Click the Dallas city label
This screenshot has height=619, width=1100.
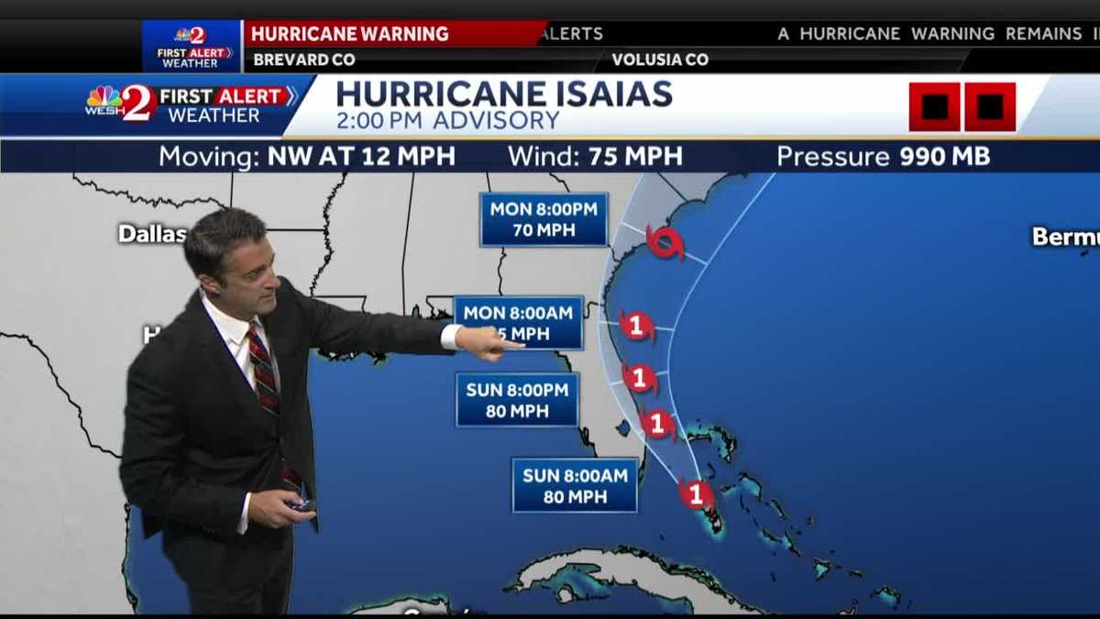(x=152, y=234)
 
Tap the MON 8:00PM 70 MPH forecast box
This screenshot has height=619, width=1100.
(x=544, y=219)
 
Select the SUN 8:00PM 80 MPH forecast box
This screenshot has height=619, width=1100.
(x=517, y=400)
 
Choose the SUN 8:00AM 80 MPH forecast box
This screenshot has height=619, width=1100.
(x=575, y=485)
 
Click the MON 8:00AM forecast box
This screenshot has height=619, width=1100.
(x=519, y=322)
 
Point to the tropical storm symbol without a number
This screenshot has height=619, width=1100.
(x=665, y=243)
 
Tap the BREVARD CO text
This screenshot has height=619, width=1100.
(x=304, y=60)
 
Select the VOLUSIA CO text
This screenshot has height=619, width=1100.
(x=660, y=60)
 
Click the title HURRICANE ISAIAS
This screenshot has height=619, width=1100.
(x=504, y=94)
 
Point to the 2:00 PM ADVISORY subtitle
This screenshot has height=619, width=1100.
(x=447, y=120)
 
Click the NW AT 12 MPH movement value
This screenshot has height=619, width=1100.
(x=361, y=156)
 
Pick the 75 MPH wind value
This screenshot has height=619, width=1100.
(x=635, y=156)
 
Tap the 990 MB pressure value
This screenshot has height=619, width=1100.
(x=944, y=156)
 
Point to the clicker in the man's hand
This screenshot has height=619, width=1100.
(x=301, y=504)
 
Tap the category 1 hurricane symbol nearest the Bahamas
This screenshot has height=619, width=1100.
(x=696, y=495)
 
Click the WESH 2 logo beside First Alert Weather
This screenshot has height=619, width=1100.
(x=120, y=103)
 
